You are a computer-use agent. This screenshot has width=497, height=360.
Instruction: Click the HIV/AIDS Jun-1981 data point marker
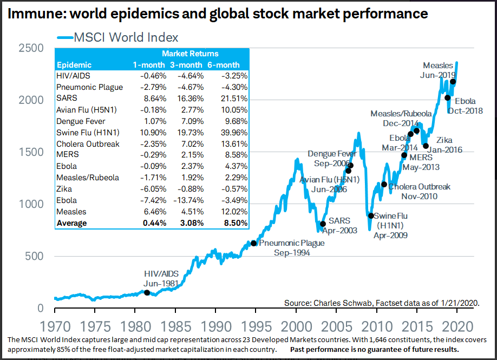147,293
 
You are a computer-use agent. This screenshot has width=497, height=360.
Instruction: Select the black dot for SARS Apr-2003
323,224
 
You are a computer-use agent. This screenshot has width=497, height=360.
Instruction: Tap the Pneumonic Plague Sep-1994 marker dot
253,243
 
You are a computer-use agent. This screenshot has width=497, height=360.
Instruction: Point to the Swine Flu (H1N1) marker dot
371,215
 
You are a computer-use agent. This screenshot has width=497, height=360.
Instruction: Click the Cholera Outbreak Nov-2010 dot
384,185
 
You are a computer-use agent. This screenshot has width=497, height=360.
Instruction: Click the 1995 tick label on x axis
256,326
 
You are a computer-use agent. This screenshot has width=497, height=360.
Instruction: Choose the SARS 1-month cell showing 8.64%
145,99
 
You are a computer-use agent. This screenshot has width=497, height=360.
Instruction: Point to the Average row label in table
71,223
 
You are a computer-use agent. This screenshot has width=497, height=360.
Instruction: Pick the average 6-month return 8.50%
233,223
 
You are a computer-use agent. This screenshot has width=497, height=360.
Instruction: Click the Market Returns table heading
190,54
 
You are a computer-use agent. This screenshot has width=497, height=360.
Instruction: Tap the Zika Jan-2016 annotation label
445,145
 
